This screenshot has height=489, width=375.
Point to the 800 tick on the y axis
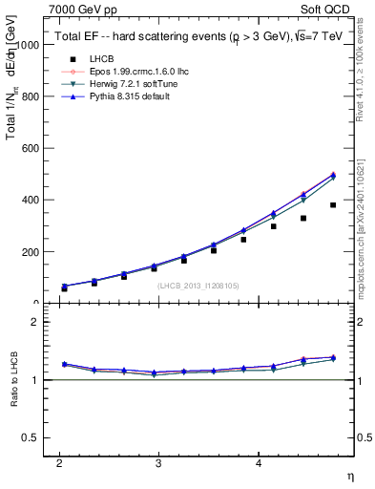pos(31,96)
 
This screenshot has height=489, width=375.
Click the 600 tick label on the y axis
pos(31,149)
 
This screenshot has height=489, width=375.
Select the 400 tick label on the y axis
pos(31,201)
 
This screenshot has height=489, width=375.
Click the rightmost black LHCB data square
pos(333,205)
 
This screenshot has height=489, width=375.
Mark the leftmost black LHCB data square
pos(64,287)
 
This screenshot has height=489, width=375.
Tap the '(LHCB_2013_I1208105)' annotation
pos(198,286)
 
